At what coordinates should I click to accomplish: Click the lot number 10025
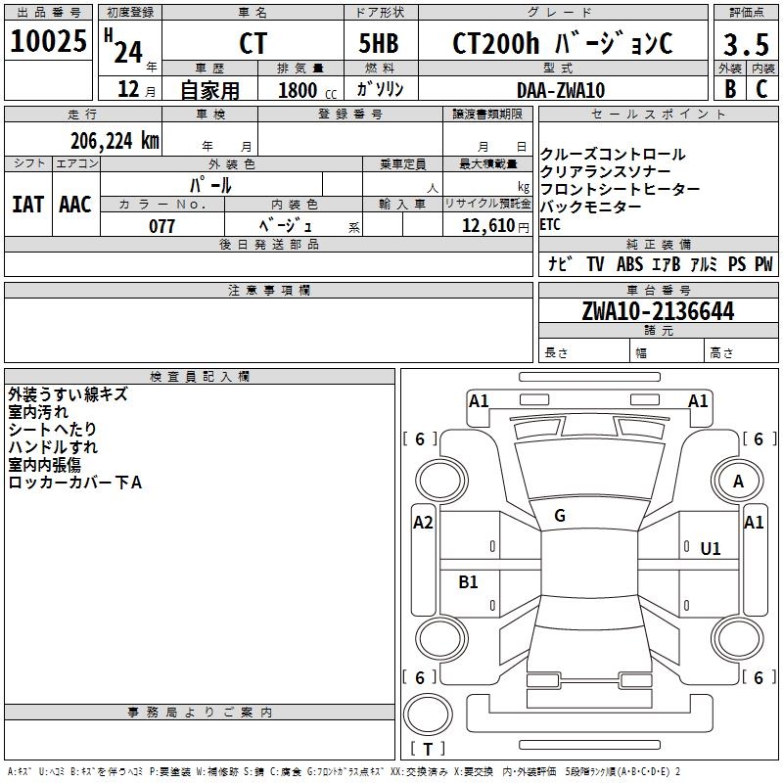click(x=49, y=42)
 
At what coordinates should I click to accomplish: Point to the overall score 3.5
click(x=745, y=45)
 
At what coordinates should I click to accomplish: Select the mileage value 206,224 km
click(x=115, y=140)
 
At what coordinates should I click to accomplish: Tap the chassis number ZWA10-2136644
click(x=657, y=311)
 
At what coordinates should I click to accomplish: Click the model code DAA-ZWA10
click(x=560, y=90)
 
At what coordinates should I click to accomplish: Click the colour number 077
click(x=161, y=226)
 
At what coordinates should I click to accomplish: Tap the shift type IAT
click(x=27, y=205)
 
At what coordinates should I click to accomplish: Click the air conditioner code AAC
click(x=75, y=205)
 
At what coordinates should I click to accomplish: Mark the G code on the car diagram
click(x=560, y=516)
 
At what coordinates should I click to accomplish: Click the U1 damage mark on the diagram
click(x=710, y=549)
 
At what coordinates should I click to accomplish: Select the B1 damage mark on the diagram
click(x=469, y=582)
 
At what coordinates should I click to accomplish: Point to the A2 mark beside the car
click(x=423, y=523)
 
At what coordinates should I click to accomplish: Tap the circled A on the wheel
click(x=738, y=481)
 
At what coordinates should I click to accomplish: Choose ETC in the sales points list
click(x=550, y=224)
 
